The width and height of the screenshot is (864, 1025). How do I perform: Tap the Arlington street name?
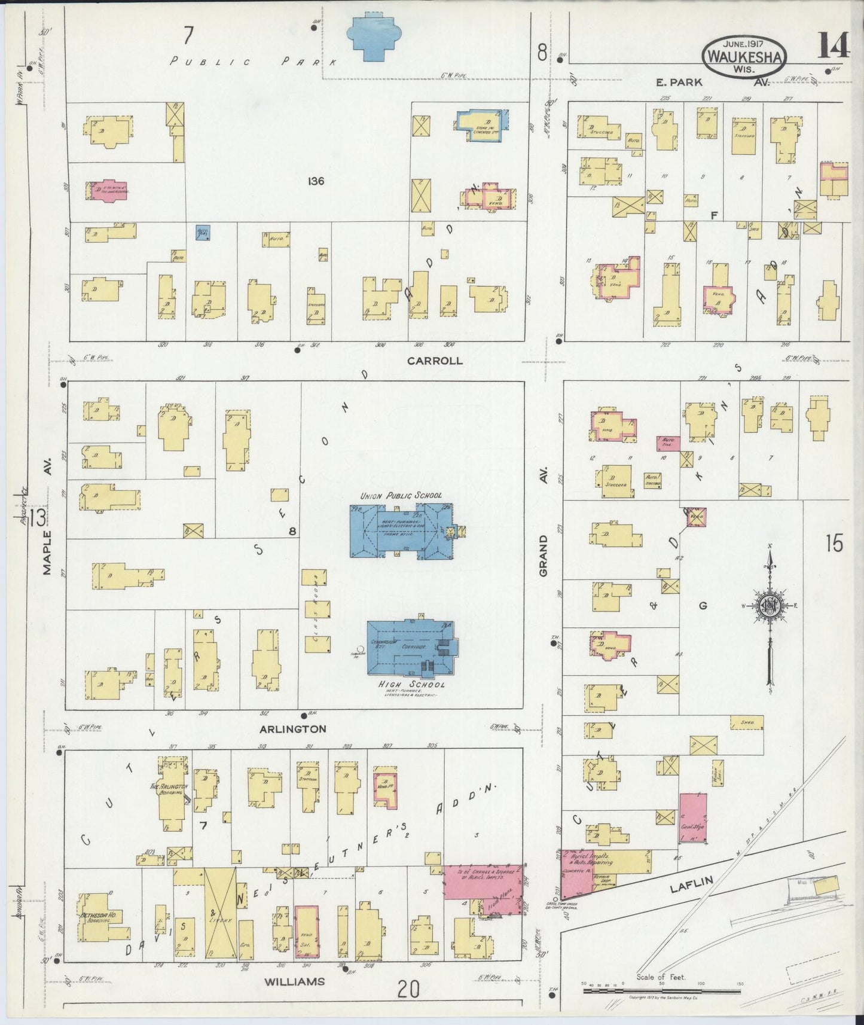tap(292, 728)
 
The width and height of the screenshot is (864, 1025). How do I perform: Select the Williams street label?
tap(295, 981)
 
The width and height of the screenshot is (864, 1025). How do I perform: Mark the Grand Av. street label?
tap(544, 555)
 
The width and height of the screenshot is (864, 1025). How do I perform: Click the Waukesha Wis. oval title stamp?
tap(744, 56)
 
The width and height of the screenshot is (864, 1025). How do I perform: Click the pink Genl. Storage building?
tap(693, 817)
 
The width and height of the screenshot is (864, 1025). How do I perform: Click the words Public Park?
tap(254, 61)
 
